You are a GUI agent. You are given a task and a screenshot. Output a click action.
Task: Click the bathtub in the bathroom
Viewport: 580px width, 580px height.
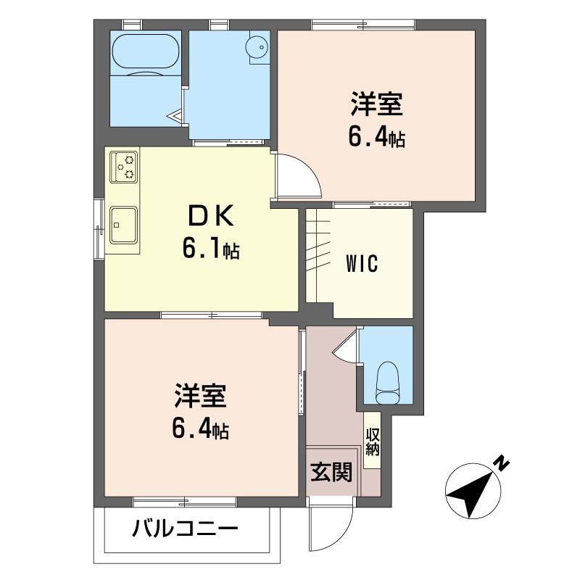tap(146, 51)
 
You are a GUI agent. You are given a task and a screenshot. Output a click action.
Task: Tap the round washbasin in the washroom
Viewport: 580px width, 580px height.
tap(258, 47)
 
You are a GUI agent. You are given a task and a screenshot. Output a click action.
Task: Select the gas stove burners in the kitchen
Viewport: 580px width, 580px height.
tap(123, 167)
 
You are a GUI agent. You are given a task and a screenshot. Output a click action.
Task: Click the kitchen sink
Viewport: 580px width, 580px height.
tap(123, 225)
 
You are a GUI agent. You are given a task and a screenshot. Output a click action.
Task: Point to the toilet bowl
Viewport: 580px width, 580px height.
tap(389, 383)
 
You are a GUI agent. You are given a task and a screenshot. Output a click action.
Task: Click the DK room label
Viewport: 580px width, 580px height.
tap(211, 215)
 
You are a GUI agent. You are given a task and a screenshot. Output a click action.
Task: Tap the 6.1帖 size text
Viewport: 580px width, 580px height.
tap(211, 249)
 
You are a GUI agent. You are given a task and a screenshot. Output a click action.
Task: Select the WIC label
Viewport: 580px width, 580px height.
tap(362, 263)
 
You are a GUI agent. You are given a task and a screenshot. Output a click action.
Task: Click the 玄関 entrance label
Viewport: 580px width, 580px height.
tap(331, 472)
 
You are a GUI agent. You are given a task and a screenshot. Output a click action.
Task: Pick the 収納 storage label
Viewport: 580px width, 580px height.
tap(373, 442)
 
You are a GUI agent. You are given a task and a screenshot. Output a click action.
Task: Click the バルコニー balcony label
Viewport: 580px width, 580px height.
tap(185, 529)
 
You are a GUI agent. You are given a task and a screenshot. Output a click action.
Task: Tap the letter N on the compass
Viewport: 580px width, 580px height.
tap(502, 463)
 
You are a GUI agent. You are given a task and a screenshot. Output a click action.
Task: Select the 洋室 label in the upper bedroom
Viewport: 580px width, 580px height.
tap(376, 104)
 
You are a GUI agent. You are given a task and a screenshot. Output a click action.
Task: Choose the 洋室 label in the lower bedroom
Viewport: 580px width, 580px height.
tap(201, 395)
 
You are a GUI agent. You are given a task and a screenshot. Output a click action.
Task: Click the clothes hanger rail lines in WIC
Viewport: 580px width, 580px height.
tap(318, 246)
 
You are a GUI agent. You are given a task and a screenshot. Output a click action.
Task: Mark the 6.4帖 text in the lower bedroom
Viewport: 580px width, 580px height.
tap(201, 428)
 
